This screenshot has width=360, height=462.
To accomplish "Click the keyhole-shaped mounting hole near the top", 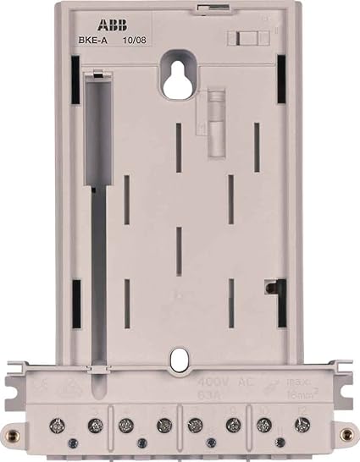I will [x=180, y=74].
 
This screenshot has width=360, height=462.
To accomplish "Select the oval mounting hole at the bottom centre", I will [x=178, y=360].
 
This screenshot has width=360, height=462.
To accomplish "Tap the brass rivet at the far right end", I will [x=345, y=434].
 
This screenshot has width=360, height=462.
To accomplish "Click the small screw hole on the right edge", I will [x=269, y=288].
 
